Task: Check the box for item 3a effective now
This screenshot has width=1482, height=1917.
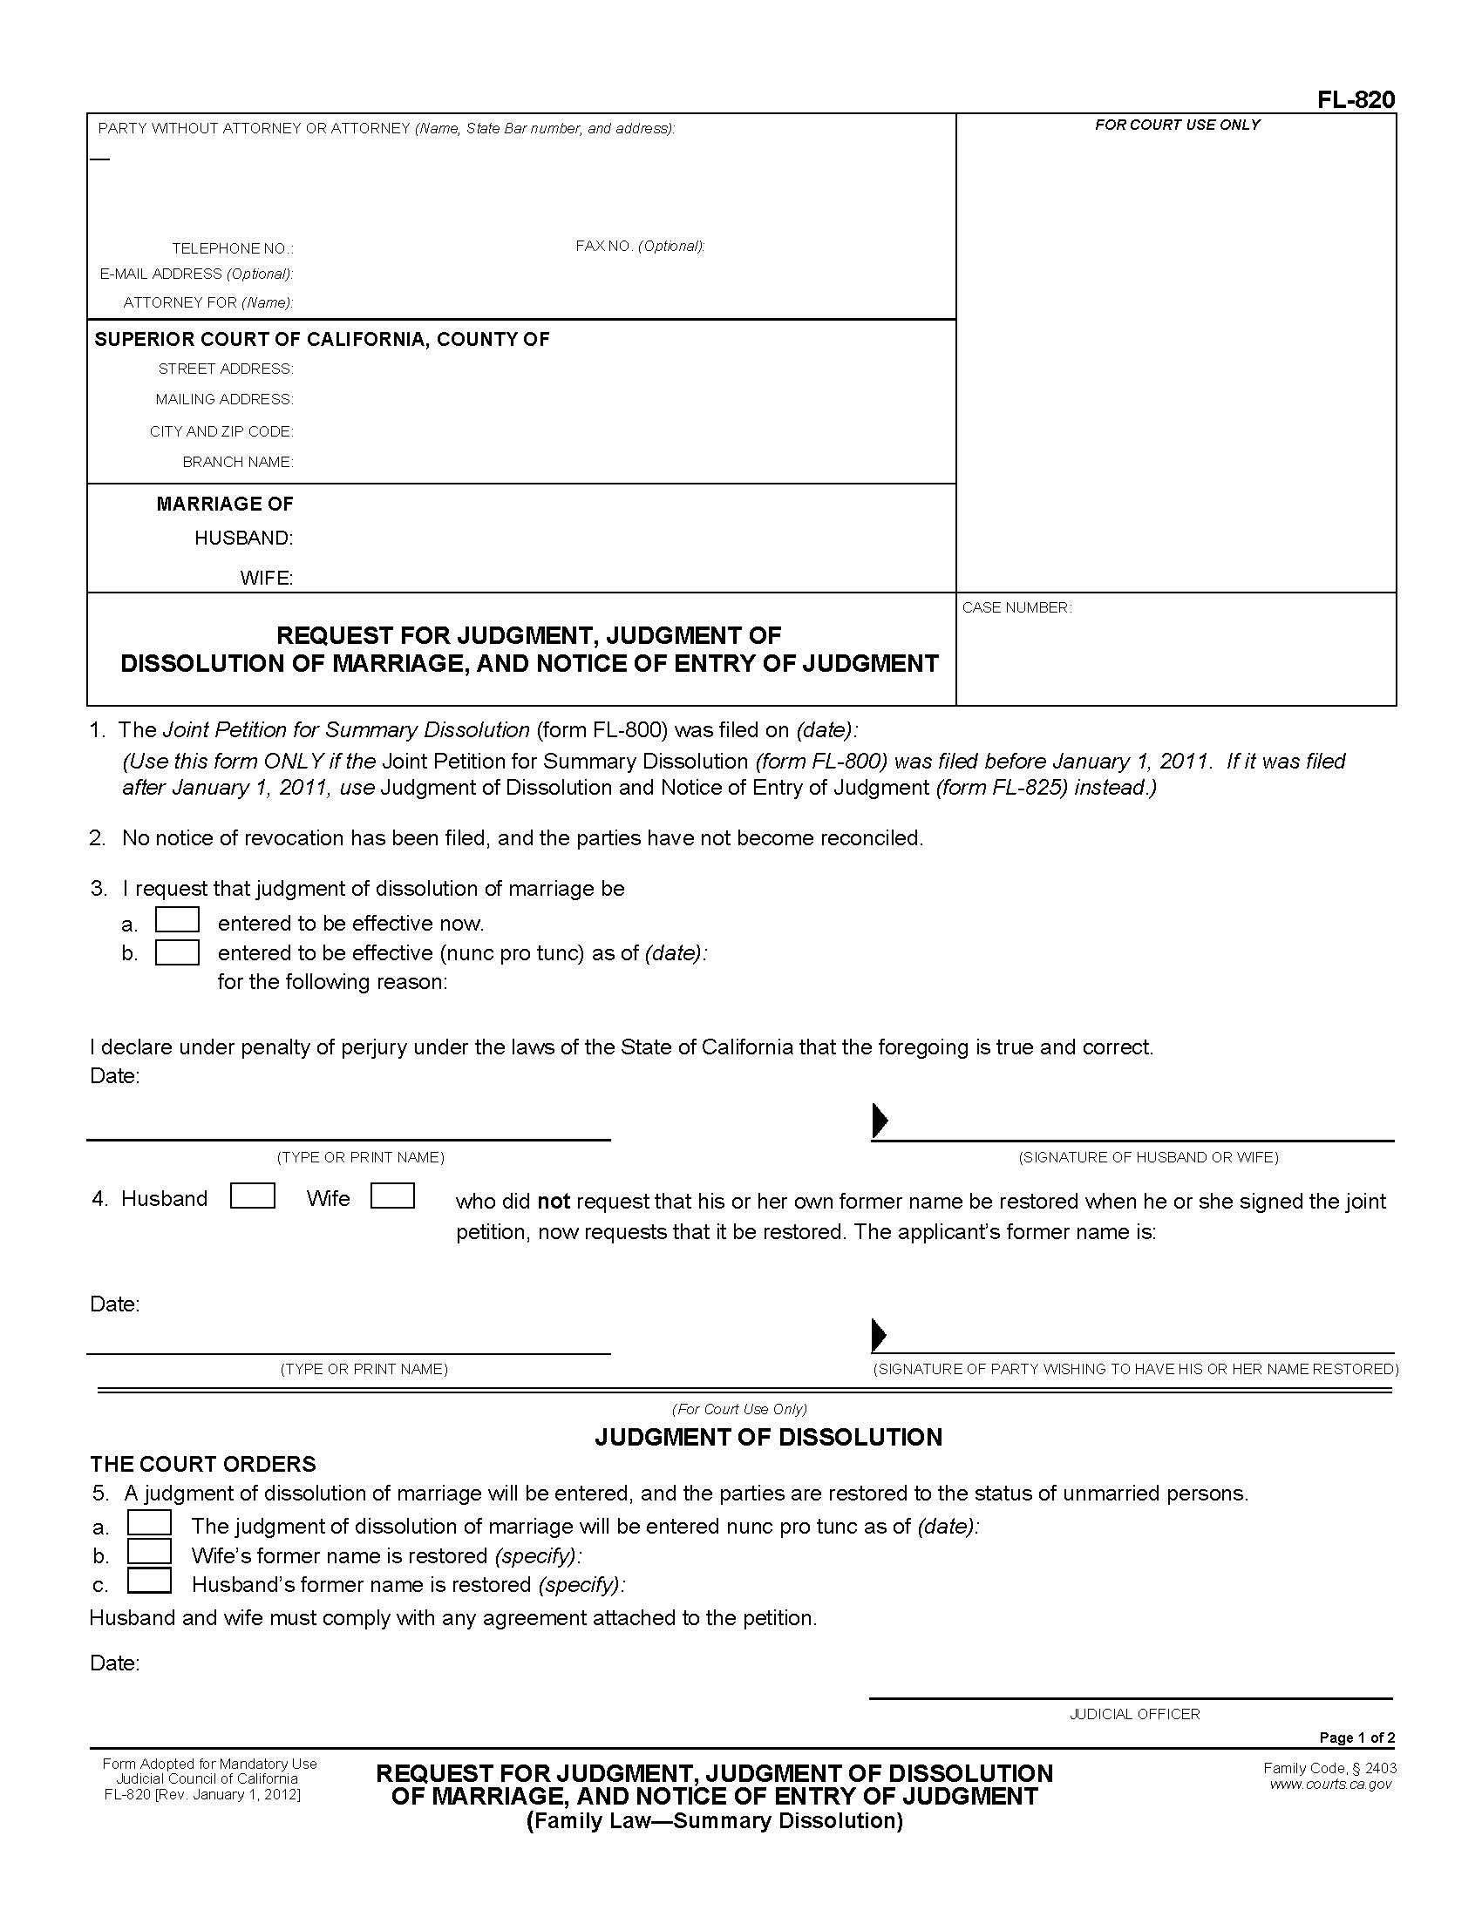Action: point(177,920)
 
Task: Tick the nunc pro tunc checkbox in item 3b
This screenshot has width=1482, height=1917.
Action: point(177,952)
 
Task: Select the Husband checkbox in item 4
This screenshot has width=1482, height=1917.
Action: point(252,1196)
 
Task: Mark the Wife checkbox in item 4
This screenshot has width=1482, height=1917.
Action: point(392,1196)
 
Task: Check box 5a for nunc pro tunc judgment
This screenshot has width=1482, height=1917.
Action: point(149,1522)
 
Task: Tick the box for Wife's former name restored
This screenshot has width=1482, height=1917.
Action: point(149,1552)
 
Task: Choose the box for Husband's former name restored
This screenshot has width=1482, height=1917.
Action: point(149,1581)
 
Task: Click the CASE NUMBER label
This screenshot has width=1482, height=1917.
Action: point(1016,607)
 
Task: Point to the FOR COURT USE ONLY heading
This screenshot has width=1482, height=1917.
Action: point(1177,125)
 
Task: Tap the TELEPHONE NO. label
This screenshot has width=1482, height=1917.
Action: point(233,248)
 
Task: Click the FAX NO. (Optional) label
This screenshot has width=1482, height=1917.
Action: point(640,246)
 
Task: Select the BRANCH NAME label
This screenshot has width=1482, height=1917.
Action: point(238,462)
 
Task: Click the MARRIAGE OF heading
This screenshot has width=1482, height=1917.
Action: point(225,504)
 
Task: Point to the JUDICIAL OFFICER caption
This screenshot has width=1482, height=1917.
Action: point(1133,1714)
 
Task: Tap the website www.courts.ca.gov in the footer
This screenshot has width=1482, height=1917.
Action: point(1330,1784)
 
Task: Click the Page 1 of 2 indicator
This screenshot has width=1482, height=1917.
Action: point(1356,1738)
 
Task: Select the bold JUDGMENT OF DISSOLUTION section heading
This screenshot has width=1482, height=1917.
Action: point(768,1437)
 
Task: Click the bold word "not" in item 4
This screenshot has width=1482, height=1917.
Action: point(553,1202)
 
